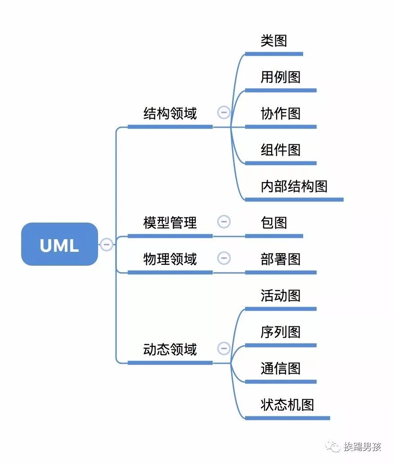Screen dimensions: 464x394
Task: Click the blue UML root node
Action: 59,244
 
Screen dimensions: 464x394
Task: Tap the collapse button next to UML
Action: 107,244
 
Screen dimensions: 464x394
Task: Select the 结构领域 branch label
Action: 170,113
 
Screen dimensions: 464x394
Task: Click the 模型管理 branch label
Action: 170,223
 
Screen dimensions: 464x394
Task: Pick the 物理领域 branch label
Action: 170,259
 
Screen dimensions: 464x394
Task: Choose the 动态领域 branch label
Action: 170,349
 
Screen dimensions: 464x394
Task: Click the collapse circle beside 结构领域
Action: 224,112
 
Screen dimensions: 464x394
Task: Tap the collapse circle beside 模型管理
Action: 224,222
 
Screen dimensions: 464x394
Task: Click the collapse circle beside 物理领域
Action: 224,258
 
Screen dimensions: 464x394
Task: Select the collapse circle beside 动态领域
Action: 224,348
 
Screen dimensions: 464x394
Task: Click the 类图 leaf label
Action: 273,41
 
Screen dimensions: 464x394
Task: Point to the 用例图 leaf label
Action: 280,77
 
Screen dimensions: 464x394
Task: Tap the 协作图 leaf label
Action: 280,113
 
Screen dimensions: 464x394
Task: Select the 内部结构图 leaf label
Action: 294,186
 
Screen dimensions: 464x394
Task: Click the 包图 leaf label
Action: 273,223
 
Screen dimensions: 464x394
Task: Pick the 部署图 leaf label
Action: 280,259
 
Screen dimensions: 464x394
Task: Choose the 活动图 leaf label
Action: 280,295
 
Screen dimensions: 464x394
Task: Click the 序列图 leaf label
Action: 280,332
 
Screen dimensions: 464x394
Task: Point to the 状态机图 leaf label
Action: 287,405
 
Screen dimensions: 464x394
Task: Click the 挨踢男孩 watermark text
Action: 362,446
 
